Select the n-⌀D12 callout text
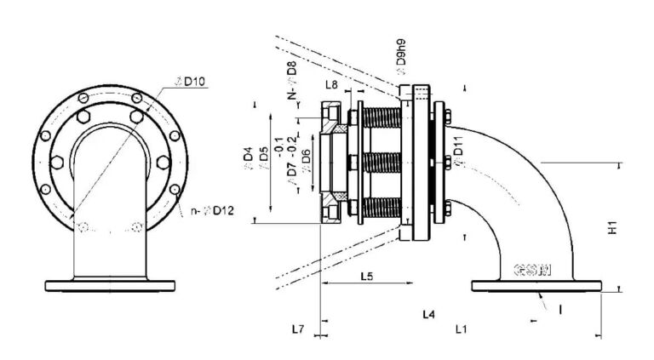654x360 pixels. click(x=208, y=209)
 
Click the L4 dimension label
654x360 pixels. click(x=429, y=315)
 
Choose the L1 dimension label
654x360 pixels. click(x=461, y=328)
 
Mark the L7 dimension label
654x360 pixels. click(x=298, y=328)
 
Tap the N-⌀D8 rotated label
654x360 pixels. click(x=291, y=81)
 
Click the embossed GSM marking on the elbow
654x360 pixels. click(x=532, y=271)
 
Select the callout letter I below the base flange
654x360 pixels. click(x=559, y=311)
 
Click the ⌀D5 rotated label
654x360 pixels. click(x=263, y=159)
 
